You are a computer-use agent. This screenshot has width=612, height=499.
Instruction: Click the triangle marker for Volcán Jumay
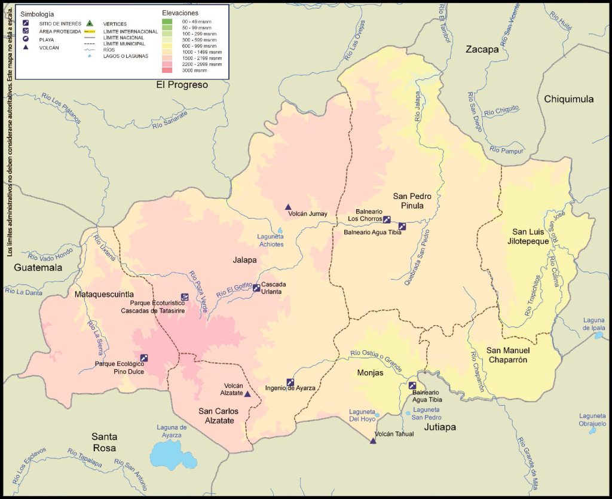(288, 206)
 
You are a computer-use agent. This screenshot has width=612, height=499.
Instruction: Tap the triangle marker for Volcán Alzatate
(247, 394)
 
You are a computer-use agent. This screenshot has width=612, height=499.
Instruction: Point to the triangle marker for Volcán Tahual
(373, 441)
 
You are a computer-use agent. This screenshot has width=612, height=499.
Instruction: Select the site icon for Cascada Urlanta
(256, 287)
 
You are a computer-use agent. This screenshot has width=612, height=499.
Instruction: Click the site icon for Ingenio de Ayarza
(290, 382)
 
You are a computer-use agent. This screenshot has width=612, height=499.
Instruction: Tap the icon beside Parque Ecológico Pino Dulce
(143, 358)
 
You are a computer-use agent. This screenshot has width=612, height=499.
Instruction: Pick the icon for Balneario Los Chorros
(387, 219)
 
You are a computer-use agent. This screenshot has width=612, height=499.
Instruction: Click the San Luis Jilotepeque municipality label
(531, 236)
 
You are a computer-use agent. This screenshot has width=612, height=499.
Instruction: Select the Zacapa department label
(482, 50)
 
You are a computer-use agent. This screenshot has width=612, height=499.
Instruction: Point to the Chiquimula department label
(568, 99)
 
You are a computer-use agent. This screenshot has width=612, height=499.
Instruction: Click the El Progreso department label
(182, 85)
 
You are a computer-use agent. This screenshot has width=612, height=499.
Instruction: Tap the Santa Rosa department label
(104, 442)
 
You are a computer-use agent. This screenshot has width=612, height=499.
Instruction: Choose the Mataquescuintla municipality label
(104, 294)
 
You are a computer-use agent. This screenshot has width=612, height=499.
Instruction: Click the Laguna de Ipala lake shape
(598, 335)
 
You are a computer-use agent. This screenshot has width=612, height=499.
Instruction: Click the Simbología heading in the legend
(37, 13)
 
